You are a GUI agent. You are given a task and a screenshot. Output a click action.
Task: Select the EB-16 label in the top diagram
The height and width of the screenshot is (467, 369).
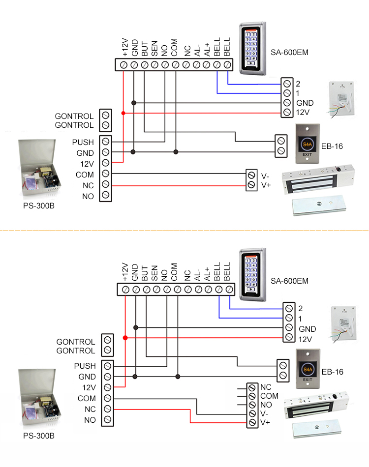[x=332, y=146]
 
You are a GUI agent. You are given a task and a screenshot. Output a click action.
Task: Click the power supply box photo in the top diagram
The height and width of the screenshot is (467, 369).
[x=39, y=169]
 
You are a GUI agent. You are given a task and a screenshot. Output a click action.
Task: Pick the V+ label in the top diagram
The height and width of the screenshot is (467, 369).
[x=265, y=185]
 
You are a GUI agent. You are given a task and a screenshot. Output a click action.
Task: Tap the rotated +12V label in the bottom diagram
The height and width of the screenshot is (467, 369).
[x=125, y=272]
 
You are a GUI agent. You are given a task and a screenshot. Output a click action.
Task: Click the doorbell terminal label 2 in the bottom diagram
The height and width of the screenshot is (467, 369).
[x=301, y=309]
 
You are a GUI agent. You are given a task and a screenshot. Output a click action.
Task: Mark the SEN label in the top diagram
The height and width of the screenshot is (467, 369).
[x=154, y=48]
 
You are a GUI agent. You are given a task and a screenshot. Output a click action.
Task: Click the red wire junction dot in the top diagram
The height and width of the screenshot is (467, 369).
[x=123, y=113]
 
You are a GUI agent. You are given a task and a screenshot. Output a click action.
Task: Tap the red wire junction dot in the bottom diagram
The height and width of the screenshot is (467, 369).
[x=125, y=338]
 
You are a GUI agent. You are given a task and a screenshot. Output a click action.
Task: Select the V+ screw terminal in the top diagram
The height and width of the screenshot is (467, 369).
[x=251, y=185]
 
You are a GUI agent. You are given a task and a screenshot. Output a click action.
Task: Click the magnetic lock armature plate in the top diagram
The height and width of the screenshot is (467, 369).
[x=318, y=206]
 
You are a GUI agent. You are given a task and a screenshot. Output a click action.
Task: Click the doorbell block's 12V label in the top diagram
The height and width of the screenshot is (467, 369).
[x=303, y=113]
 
